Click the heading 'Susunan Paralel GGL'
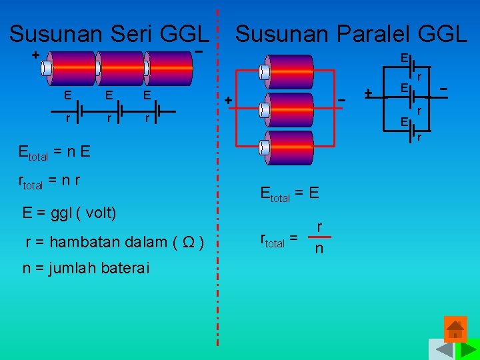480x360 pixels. (x=351, y=33)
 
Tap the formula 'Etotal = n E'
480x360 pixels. (x=55, y=151)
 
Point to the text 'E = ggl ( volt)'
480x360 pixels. (x=69, y=213)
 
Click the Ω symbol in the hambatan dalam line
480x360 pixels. (x=189, y=242)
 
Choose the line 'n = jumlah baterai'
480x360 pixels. (x=86, y=269)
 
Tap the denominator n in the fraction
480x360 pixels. (x=319, y=249)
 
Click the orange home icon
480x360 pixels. (x=455, y=329)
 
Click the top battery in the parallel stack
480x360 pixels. (x=287, y=71)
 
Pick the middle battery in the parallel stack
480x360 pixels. (x=287, y=109)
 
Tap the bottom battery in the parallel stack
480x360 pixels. (x=287, y=147)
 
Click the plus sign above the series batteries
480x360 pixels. (x=35, y=54)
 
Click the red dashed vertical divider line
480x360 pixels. (x=218, y=180)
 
